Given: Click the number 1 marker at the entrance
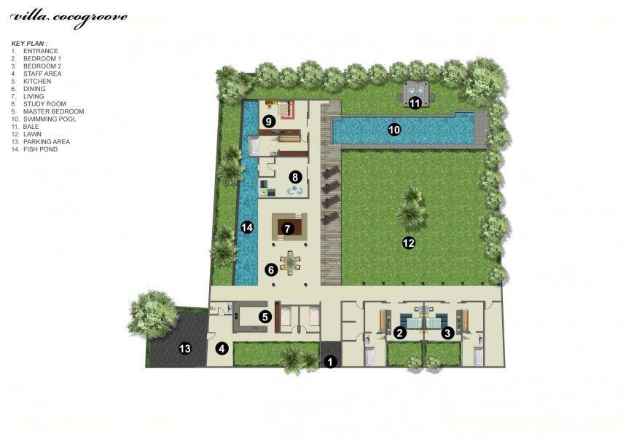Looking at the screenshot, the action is pos(330,362).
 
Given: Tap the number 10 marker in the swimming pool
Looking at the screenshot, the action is pos(394,130).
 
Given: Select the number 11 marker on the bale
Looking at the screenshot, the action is pos(415,103).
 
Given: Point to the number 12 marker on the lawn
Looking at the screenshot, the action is pos(409,242).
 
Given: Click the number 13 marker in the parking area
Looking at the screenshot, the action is pos(185,349).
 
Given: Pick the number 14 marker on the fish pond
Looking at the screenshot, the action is pos(247,227).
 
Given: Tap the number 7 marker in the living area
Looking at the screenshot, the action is pos(287,229).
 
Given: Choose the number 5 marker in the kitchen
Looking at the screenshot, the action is pos(265,317).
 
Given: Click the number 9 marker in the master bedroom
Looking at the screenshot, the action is pos(269,121).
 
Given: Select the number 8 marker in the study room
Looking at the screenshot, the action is pos(295,177).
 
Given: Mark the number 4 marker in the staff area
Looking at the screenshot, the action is pos(222,349).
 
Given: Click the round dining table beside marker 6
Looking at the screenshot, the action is pos(291,262).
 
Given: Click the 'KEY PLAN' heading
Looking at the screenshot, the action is pos(29,43).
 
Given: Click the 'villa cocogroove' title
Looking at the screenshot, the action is pos(69,18).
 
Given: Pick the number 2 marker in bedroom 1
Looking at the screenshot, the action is pos(400,333).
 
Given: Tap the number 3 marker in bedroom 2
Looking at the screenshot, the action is pos(447,333).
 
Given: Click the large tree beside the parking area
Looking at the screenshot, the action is pos(153,315).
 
